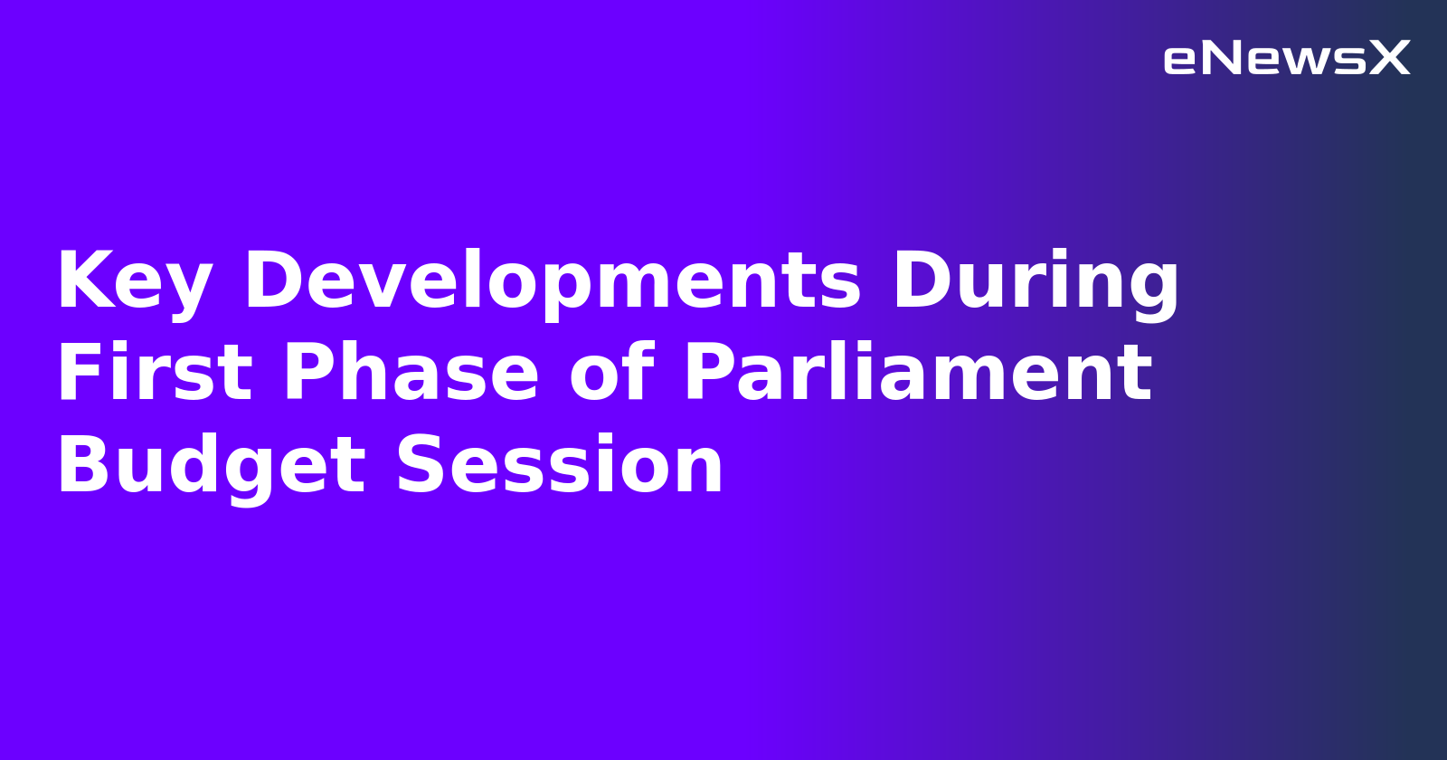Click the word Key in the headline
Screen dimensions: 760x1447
134,282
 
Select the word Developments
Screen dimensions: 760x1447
553,282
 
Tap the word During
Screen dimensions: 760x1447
1036,282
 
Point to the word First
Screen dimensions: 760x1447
155,374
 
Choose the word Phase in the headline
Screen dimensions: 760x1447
411,374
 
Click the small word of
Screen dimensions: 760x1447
611,374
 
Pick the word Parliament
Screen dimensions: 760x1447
918,374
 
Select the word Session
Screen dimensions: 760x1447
560,467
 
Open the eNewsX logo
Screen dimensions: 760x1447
1286,59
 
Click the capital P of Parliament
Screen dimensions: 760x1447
709,374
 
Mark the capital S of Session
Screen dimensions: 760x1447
421,466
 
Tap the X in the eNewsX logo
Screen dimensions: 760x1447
1389,59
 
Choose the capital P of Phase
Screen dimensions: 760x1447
309,374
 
